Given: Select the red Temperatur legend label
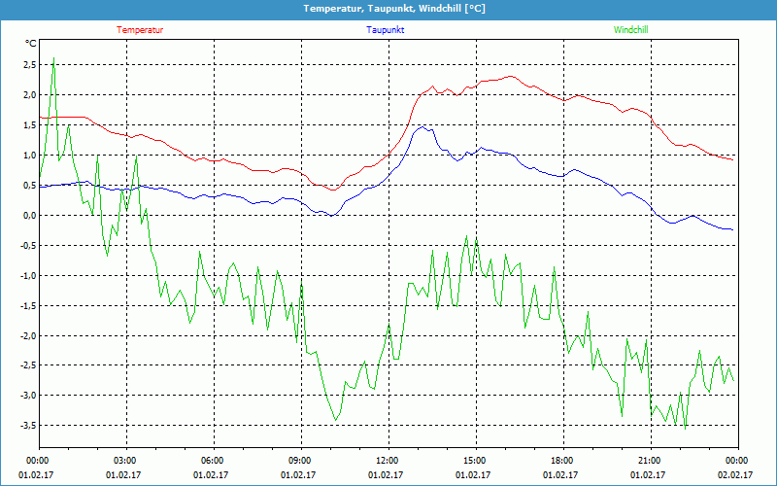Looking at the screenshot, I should (140, 30).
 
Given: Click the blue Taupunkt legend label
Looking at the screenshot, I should (386, 30).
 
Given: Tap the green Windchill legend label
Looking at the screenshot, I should (630, 30).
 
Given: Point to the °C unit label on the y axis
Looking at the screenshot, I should (31, 44).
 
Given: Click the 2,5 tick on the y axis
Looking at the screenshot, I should (28, 65).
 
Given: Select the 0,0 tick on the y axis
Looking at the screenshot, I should (28, 216).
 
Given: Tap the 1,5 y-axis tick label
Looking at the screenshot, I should (28, 125).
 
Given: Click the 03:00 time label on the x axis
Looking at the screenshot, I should (125, 461).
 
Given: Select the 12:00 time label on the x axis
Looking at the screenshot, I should (387, 461).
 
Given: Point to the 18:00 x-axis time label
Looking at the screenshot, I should (561, 461).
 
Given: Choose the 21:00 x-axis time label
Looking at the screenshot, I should (649, 461).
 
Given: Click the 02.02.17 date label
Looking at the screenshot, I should (734, 475).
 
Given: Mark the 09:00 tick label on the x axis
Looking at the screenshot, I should (299, 461).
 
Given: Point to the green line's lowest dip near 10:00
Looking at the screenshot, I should (336, 419).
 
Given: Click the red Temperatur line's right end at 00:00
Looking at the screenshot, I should (733, 159).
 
